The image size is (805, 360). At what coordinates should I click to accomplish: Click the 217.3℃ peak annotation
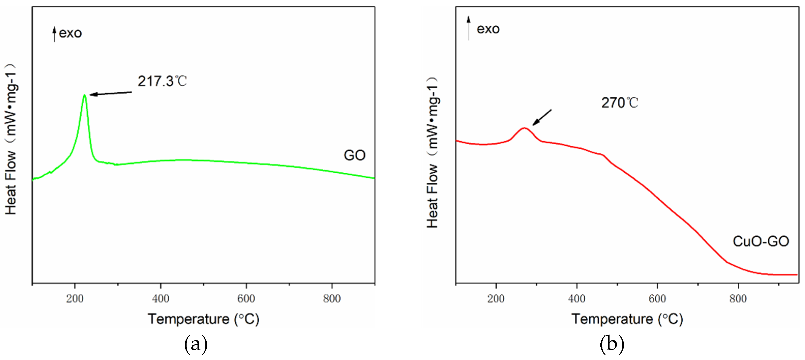162,81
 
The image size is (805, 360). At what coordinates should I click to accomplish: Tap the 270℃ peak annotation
620,103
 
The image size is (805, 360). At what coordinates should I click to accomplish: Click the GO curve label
354,155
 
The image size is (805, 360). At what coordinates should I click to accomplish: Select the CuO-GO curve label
761,241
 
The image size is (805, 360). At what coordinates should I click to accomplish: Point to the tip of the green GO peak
84,95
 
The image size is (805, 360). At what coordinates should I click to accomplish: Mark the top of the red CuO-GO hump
524,128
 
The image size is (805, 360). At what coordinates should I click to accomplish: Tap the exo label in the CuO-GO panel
488,29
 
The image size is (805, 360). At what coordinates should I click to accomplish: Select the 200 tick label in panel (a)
75,299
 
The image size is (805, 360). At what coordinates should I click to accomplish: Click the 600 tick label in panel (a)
246,299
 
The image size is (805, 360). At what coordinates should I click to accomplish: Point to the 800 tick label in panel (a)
331,299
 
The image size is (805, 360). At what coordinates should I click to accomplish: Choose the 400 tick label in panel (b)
576,299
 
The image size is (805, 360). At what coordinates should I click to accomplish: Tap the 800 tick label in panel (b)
738,299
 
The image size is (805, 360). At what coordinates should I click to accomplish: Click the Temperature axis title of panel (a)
203,319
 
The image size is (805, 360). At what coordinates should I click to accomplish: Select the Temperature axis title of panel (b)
627,319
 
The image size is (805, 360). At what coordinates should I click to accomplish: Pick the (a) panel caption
196,344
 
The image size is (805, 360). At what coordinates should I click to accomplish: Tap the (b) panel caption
612,344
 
